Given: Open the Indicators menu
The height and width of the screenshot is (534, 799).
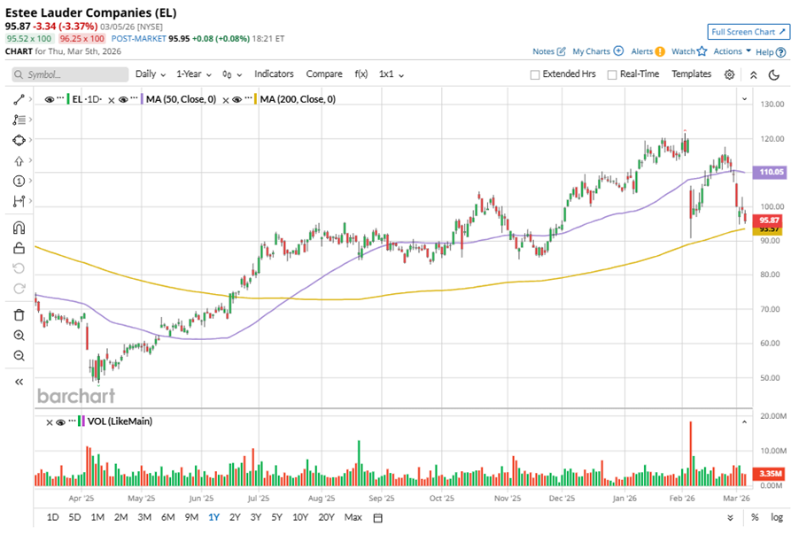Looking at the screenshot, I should tap(274, 74).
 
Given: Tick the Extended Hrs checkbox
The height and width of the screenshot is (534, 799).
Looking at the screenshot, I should tap(535, 75).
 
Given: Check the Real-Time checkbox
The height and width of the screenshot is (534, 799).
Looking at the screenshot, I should tap(612, 75).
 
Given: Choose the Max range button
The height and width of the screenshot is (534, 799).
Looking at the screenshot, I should tap(353, 517).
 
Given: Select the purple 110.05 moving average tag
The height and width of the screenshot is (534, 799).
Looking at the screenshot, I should tap(767, 173).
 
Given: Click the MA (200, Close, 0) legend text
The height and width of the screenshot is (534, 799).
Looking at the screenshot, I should tap(298, 100).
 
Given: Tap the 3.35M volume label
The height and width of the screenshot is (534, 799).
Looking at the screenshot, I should tap(770, 474).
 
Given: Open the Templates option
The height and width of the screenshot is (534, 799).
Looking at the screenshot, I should tap(691, 74).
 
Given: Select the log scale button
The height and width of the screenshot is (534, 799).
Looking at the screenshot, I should tap(777, 517).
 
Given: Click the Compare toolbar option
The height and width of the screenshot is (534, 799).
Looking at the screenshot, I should tap(324, 74).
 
